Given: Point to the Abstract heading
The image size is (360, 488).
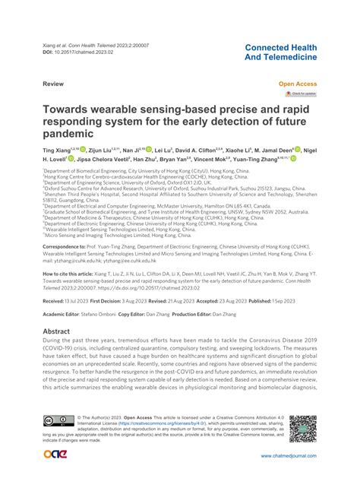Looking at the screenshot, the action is coord(61,332).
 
